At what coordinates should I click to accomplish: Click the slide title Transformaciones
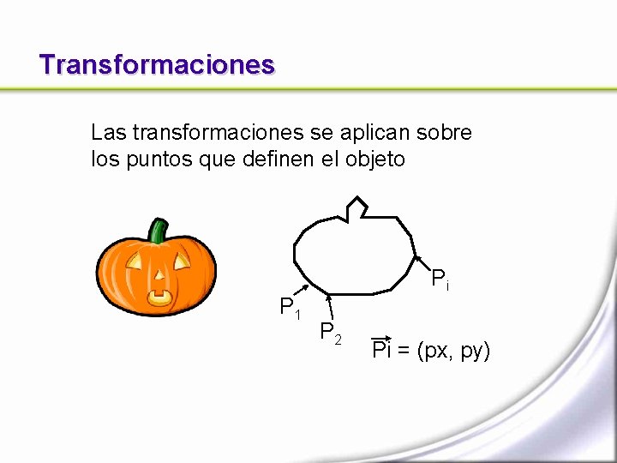pyautogui.click(x=157, y=64)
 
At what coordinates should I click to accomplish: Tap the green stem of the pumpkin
pyautogui.click(x=158, y=231)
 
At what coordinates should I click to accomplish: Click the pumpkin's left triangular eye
pyautogui.click(x=134, y=260)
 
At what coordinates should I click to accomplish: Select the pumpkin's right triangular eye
pyautogui.click(x=182, y=259)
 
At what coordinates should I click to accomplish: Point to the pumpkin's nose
pyautogui.click(x=159, y=276)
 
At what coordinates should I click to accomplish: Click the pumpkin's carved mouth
pyautogui.click(x=159, y=297)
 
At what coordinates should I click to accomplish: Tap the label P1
pyautogui.click(x=290, y=307)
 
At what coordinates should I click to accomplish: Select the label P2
pyautogui.click(x=331, y=332)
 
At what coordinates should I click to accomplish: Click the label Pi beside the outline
pyautogui.click(x=440, y=279)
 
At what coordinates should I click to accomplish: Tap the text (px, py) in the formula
pyautogui.click(x=453, y=350)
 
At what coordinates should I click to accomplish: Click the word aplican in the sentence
pyautogui.click(x=374, y=133)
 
